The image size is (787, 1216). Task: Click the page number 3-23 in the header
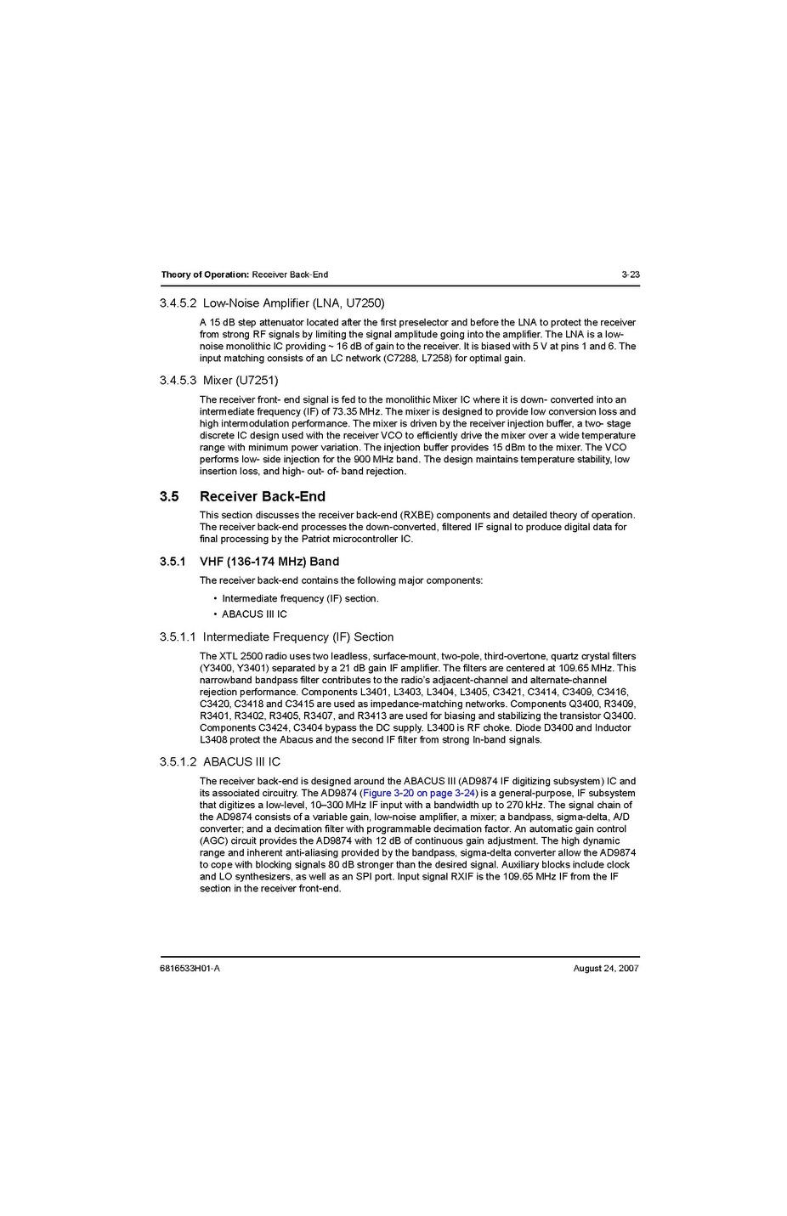(630, 274)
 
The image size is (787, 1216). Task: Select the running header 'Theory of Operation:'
(205, 274)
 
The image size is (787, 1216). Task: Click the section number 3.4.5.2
(178, 303)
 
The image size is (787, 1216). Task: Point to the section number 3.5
(169, 496)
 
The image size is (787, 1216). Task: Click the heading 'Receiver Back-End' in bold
(262, 496)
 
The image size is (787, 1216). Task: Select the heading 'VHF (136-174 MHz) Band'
(269, 562)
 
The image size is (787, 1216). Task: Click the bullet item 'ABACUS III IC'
(254, 614)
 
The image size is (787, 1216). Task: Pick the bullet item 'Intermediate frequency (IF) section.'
(300, 598)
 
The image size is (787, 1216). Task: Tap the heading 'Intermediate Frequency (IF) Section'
(297, 637)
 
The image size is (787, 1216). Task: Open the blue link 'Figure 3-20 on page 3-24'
(419, 794)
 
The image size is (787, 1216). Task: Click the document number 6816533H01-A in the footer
(190, 969)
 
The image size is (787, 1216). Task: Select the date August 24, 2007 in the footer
(606, 969)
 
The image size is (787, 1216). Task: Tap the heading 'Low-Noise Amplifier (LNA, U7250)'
(293, 303)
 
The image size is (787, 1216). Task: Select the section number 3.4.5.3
(178, 381)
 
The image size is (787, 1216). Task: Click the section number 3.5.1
(173, 562)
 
